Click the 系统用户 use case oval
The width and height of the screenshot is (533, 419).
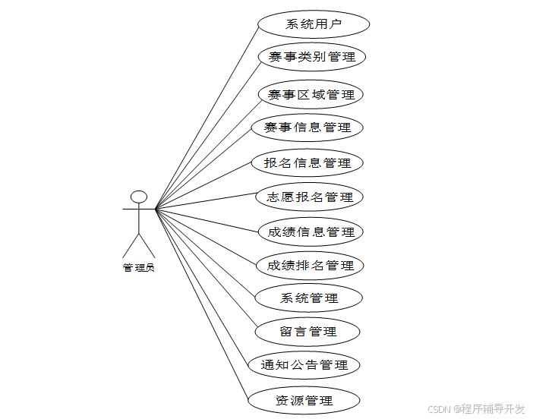tap(314, 24)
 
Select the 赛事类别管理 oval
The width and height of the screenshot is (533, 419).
tap(311, 57)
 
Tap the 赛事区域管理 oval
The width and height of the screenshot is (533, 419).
tap(311, 95)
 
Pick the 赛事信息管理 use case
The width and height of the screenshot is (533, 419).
tap(307, 128)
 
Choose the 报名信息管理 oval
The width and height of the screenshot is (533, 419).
tap(307, 162)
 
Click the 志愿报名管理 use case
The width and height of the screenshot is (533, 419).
tap(310, 197)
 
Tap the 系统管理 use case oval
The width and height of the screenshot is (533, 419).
tap(309, 298)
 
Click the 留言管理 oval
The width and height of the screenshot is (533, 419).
tap(307, 332)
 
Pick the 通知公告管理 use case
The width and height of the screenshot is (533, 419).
tap(304, 365)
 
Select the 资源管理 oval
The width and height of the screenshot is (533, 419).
tap(304, 400)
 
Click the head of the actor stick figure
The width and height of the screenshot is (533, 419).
tap(138, 197)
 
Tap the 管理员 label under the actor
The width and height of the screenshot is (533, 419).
tap(138, 267)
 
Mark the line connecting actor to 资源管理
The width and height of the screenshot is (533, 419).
tap(201, 304)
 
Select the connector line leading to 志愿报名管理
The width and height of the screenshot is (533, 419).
tap(205, 203)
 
